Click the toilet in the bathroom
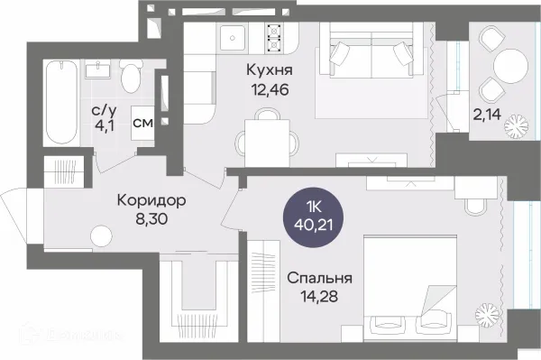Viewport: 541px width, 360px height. pos(131,77)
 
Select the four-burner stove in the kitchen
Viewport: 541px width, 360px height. pos(273,39)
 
